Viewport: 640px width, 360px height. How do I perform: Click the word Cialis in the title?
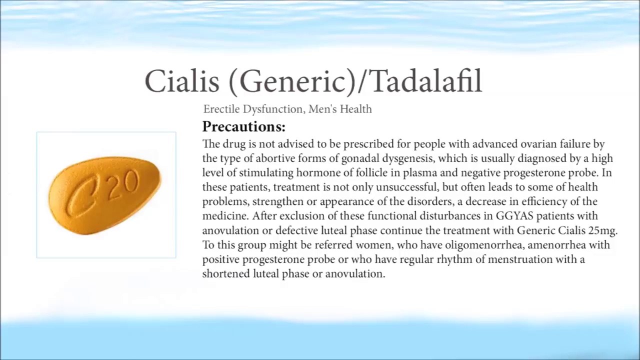click(x=182, y=81)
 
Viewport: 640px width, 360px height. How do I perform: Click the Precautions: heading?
click(x=243, y=126)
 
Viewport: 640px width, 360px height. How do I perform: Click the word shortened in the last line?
click(x=226, y=273)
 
